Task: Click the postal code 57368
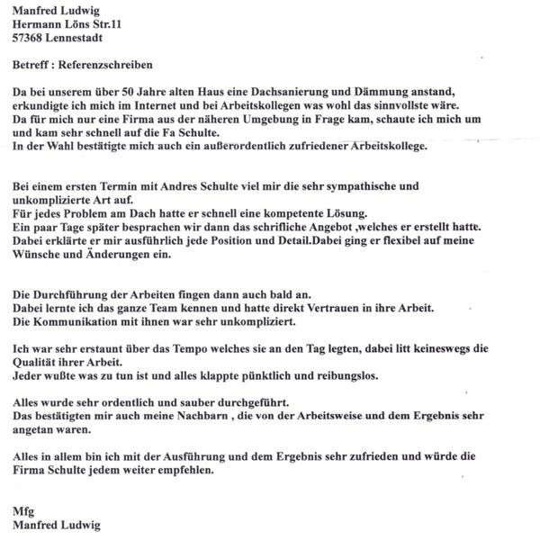click(x=31, y=40)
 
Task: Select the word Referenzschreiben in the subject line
click(x=107, y=67)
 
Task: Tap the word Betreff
click(x=32, y=67)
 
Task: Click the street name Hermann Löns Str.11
click(x=69, y=27)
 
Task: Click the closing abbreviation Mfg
click(x=23, y=511)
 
